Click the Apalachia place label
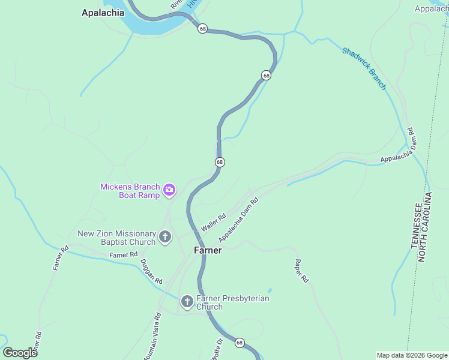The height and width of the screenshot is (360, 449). (x=103, y=13)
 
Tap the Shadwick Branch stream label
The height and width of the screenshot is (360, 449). (x=364, y=68)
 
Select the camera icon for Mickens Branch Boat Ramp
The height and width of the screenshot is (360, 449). (x=169, y=190)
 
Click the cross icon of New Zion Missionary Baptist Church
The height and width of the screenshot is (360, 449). (x=165, y=238)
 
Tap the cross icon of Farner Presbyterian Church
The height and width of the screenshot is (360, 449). (x=187, y=302)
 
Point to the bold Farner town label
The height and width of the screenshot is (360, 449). (x=208, y=250)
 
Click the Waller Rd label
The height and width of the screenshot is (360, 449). (x=213, y=223)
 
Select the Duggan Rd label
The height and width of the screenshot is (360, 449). (x=151, y=271)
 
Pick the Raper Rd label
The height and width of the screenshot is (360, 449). (x=301, y=271)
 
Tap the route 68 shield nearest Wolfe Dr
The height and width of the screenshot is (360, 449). (x=240, y=343)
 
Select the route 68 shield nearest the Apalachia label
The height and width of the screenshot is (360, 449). (x=203, y=29)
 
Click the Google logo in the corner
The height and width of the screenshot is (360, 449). (x=20, y=353)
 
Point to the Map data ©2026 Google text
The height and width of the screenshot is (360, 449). (x=412, y=355)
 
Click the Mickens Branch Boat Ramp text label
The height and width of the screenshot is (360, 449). (x=130, y=190)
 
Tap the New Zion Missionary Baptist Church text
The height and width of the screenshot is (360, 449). (x=116, y=238)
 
